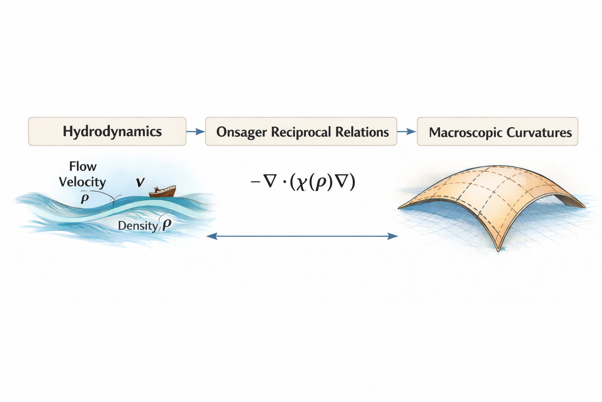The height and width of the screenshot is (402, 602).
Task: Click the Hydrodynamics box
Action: pyautogui.click(x=107, y=131)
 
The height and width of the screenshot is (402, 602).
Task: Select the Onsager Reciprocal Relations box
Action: pyautogui.click(x=301, y=131)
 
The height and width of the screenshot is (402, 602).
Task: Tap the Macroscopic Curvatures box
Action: pyautogui.click(x=497, y=131)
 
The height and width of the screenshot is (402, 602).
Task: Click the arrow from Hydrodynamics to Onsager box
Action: pyautogui.click(x=196, y=132)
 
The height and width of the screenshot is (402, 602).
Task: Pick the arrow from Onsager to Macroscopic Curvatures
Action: pyautogui.click(x=407, y=132)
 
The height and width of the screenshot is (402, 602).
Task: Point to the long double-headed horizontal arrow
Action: pyautogui.click(x=302, y=236)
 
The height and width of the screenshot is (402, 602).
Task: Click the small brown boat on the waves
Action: pyautogui.click(x=162, y=191)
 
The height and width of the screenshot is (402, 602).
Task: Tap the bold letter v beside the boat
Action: pyautogui.click(x=140, y=182)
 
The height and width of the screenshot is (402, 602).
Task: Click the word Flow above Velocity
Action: pyautogui.click(x=83, y=166)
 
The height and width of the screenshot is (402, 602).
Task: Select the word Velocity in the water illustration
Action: pyautogui.click(x=82, y=182)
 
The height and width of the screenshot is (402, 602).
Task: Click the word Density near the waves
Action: pyautogui.click(x=138, y=226)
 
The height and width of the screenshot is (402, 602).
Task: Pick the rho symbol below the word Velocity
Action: pyautogui.click(x=85, y=198)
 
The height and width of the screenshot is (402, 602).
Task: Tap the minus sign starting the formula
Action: pyautogui.click(x=255, y=182)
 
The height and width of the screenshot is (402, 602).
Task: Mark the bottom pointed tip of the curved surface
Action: pyautogui.click(x=499, y=250)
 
